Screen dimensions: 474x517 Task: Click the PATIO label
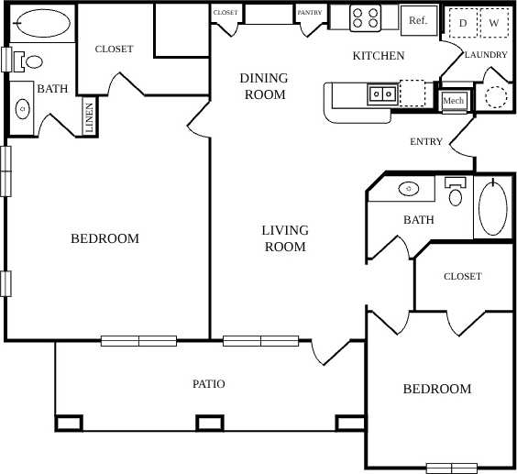tap(209, 384)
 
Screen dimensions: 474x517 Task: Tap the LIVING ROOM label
tap(285, 238)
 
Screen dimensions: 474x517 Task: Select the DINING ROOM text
tap(263, 86)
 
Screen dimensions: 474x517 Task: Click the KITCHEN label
tap(379, 56)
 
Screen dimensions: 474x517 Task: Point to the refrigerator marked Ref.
tap(418, 20)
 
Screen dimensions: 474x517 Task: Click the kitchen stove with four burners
tap(362, 18)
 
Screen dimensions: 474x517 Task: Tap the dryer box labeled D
tap(463, 22)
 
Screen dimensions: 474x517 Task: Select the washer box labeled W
tap(494, 22)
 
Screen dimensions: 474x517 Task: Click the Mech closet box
tap(453, 100)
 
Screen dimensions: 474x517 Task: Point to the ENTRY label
tap(426, 142)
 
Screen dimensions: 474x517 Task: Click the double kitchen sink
tap(382, 93)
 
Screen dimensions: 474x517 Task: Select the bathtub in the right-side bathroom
tap(492, 208)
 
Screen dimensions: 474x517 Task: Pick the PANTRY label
tap(308, 13)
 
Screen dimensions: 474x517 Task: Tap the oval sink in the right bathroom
tap(410, 190)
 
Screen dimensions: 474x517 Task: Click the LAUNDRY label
tap(486, 55)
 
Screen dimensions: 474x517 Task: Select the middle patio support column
tap(209, 423)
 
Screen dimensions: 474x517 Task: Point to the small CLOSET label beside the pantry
tap(225, 13)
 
